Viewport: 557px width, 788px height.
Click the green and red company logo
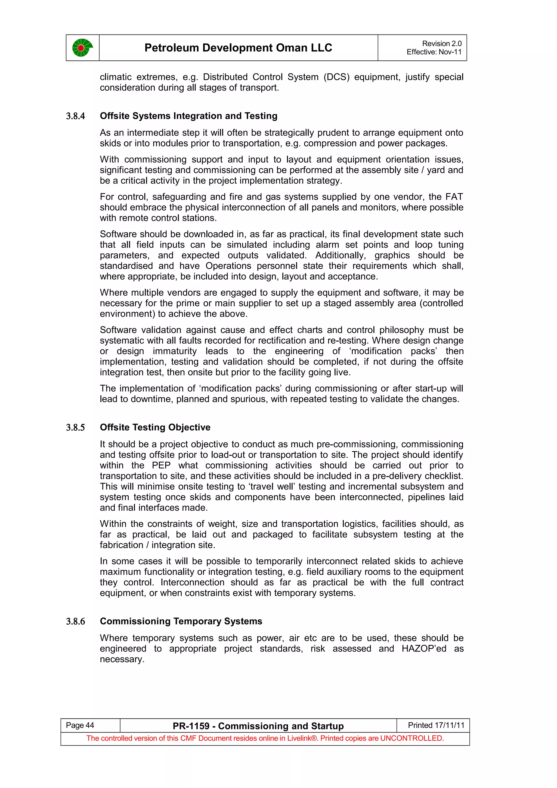point(82,48)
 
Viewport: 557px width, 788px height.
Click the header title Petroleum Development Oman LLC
point(238,48)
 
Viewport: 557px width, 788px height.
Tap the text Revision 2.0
point(441,44)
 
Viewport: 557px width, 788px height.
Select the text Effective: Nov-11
point(434,52)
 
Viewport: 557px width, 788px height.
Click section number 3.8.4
point(76,116)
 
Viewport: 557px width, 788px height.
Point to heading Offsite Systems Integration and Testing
point(188,116)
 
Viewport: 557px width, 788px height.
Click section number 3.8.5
point(76,428)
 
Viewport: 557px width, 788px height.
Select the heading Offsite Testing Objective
point(155,427)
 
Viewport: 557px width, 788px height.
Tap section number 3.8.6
point(76,622)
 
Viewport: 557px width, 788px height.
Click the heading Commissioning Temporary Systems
point(181,621)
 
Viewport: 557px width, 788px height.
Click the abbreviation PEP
point(161,466)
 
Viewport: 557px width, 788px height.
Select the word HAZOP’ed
point(424,649)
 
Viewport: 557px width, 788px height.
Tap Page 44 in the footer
point(80,725)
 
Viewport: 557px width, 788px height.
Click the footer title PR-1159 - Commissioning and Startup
point(258,726)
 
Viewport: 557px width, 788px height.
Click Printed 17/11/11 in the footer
point(436,725)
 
